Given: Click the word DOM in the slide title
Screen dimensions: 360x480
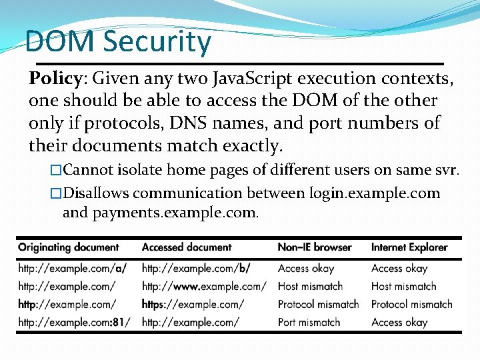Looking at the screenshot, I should pyautogui.click(x=59, y=41).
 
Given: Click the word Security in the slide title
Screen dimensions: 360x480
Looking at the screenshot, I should pyautogui.click(x=157, y=41).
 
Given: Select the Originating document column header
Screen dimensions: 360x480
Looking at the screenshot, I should pyautogui.click(x=69, y=247).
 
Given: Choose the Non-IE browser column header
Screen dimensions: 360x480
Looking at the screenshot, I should pyautogui.click(x=315, y=247).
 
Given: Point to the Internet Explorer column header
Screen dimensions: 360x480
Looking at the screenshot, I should pyautogui.click(x=409, y=247).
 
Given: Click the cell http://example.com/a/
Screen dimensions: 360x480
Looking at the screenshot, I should pyautogui.click(x=73, y=269).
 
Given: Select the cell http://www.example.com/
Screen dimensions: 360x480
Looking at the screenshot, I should pyautogui.click(x=204, y=287).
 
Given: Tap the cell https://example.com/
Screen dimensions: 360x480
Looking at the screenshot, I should pyautogui.click(x=193, y=305).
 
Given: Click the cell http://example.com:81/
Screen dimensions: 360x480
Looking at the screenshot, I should pyautogui.click(x=74, y=323).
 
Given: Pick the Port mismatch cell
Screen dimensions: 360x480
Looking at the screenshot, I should pyautogui.click(x=309, y=323).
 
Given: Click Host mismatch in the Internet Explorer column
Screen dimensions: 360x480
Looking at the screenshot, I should pyautogui.click(x=403, y=287).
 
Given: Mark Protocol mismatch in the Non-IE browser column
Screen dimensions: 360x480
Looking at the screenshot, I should pyautogui.click(x=318, y=305).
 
